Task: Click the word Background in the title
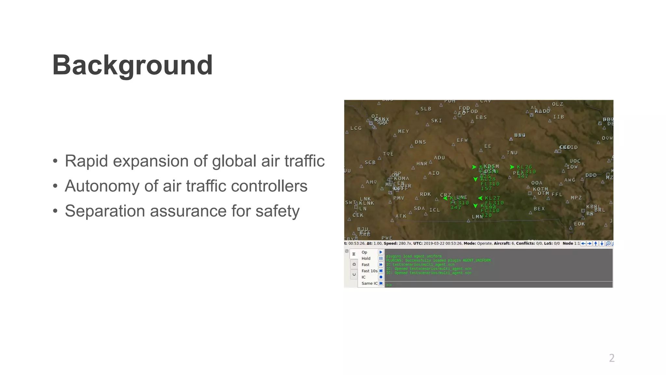[132, 65]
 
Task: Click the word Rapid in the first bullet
[86, 161]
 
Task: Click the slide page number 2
[612, 358]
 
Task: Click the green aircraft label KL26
[525, 167]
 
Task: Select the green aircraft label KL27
[492, 198]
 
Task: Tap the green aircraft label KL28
[488, 179]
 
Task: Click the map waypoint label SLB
[426, 109]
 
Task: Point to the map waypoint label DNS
[420, 142]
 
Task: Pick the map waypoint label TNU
[512, 153]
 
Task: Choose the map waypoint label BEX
[539, 209]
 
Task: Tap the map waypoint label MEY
[404, 132]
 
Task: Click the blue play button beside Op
[381, 252]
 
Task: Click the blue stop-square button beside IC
[381, 277]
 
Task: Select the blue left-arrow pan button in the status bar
[583, 243]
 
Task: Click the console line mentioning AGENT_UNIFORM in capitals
[438, 260]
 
